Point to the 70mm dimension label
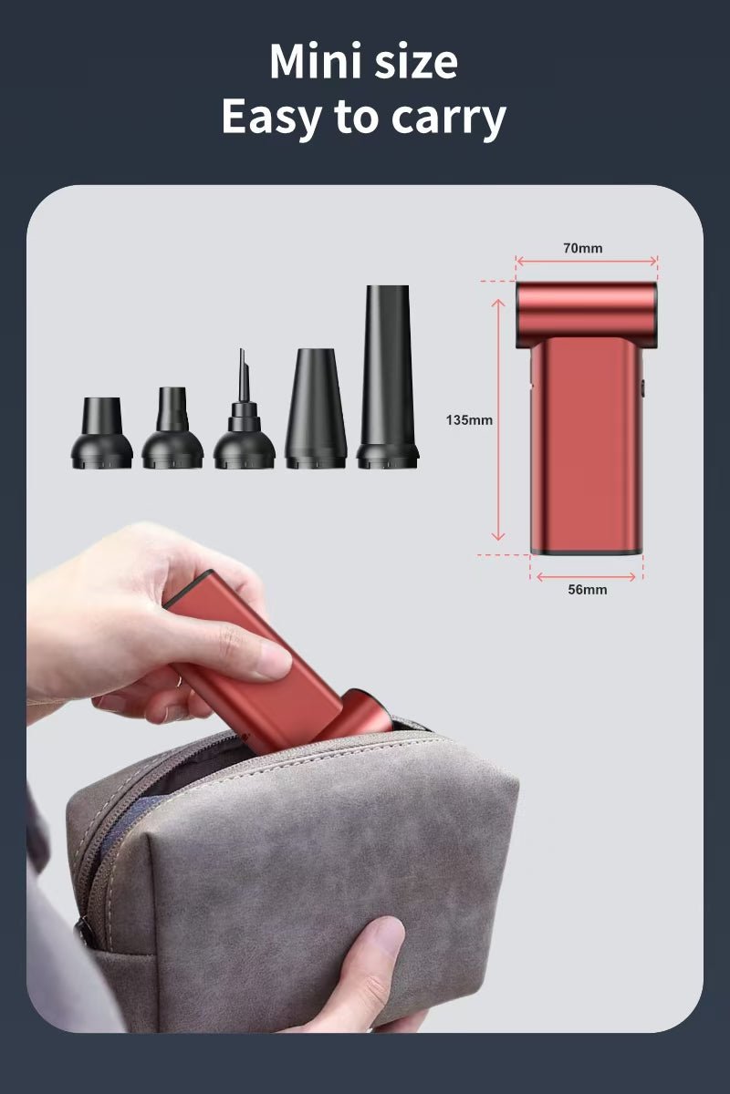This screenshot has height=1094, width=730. tap(583, 248)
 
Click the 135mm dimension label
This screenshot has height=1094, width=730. tap(469, 419)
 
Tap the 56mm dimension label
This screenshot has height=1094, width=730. tap(588, 590)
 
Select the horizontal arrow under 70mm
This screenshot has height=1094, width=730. tap(586, 262)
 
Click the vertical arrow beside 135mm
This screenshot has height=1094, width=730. tap(497, 420)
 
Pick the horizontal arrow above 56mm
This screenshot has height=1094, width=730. tap(586, 577)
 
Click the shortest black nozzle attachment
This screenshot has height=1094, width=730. tap(101, 433)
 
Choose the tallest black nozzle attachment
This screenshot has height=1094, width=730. tap(387, 377)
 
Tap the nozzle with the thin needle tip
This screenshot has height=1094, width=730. tap(244, 409)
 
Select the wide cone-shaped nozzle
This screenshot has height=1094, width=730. tap(316, 408)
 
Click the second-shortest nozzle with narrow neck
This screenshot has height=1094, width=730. tap(172, 428)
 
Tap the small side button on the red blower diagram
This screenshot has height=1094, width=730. tap(642, 388)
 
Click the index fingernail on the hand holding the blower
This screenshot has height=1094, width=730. tap(274, 660)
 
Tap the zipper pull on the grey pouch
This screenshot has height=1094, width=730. tap(84, 934)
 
